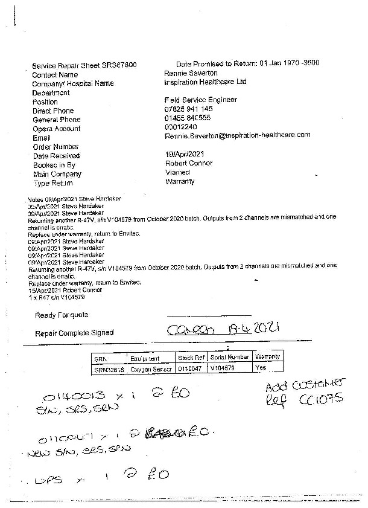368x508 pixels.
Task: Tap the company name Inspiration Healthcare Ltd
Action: (x=205, y=82)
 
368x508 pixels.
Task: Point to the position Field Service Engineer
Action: (x=200, y=100)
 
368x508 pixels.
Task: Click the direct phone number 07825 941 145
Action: (x=188, y=109)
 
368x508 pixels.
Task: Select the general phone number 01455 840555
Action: (x=188, y=118)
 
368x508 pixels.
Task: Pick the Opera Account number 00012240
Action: (x=180, y=127)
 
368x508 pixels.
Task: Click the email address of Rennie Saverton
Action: (x=237, y=135)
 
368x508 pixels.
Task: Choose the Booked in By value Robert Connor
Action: (x=188, y=163)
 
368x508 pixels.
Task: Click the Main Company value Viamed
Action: (x=177, y=172)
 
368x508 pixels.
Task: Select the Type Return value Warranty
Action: (x=180, y=181)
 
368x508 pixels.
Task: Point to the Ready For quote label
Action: (x=61, y=315)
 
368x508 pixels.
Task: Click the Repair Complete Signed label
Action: (x=74, y=333)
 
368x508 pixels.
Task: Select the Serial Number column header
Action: (x=230, y=357)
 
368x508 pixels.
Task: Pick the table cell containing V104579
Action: (x=226, y=367)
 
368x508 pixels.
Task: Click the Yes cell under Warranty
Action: (x=261, y=367)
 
